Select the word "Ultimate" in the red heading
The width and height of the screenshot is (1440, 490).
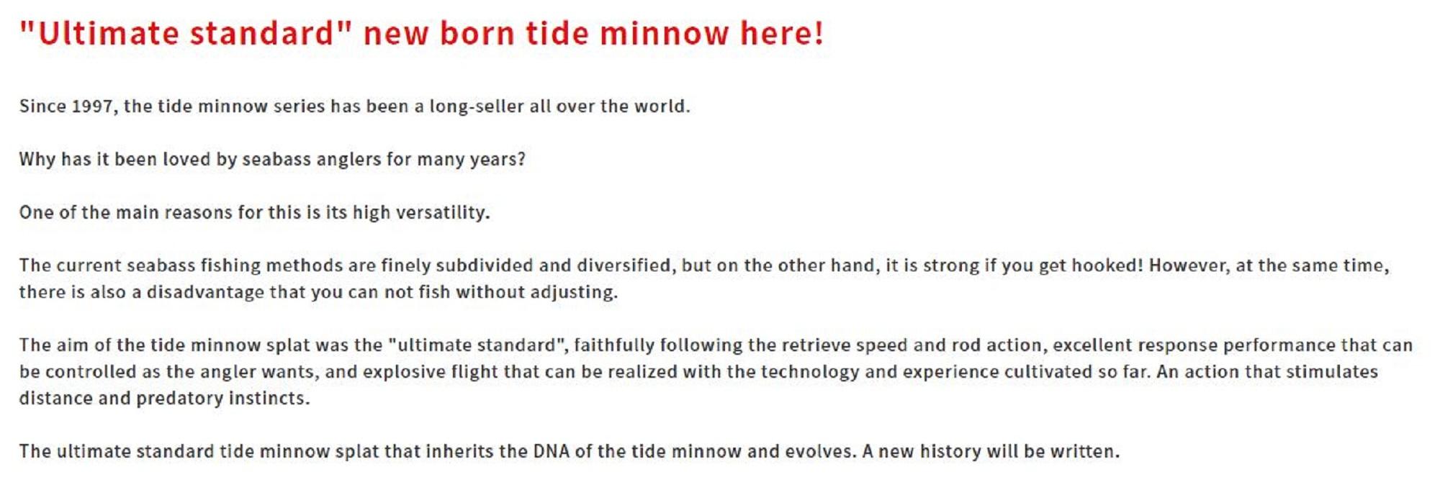[x=108, y=33]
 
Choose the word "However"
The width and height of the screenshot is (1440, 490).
[x=1189, y=266]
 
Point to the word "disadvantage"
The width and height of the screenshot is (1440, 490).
[x=205, y=292]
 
